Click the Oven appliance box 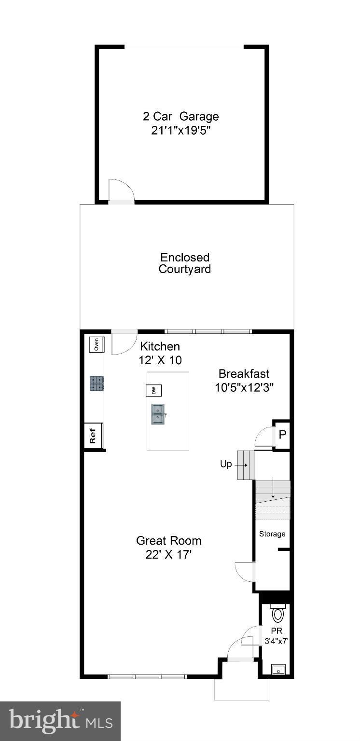[x=96, y=344]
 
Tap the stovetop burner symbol [x=97, y=383]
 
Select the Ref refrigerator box [x=93, y=436]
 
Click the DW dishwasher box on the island [x=154, y=390]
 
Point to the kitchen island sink [x=158, y=414]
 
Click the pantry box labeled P [x=282, y=434]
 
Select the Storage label [x=272, y=534]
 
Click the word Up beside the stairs [x=226, y=464]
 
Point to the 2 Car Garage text [x=180, y=116]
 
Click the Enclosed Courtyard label [x=185, y=263]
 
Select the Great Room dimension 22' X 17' [x=168, y=555]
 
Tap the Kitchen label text [x=160, y=346]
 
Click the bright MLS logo [x=60, y=721]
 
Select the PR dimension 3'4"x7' [x=277, y=642]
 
